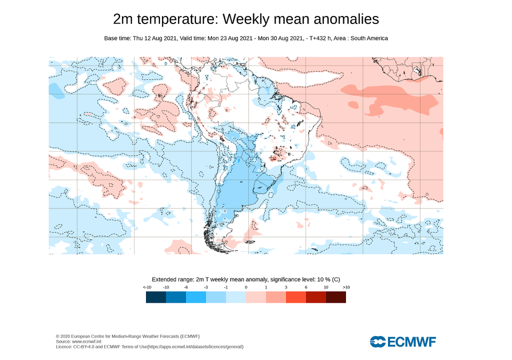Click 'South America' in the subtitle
[368, 38]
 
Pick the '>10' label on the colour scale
[345, 287]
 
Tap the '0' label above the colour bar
[246, 287]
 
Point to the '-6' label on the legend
[186, 287]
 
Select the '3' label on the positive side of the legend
[286, 287]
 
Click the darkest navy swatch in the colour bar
[156, 297]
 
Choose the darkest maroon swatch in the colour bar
[335, 297]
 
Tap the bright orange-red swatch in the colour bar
[295, 297]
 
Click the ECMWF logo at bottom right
[403, 341]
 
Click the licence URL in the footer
[195, 346]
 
